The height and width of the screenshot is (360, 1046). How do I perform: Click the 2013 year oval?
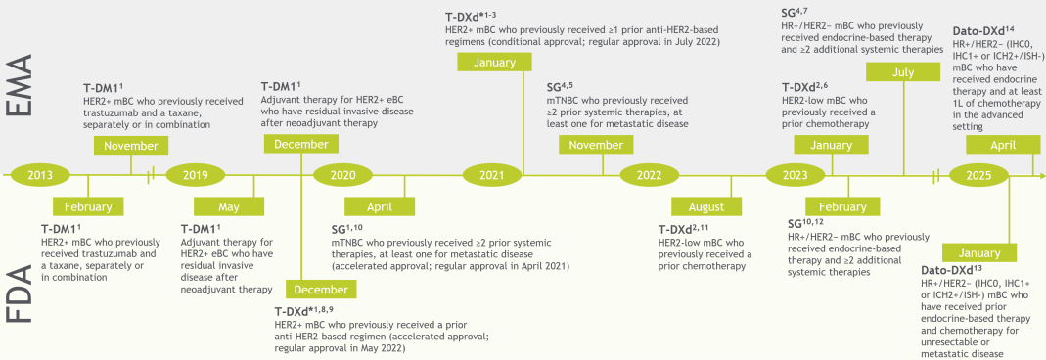tap(39, 175)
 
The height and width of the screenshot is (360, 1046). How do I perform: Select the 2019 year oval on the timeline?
tap(196, 175)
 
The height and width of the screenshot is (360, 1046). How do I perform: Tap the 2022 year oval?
tap(650, 175)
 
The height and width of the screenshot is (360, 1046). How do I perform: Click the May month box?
tap(229, 206)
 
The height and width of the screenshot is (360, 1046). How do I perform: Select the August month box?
tap(706, 206)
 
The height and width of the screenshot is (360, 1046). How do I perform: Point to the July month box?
tap(903, 72)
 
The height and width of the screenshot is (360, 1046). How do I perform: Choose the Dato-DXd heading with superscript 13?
tap(952, 270)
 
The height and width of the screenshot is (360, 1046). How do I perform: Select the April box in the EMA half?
tap(1003, 145)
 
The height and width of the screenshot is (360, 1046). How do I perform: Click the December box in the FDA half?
tap(321, 290)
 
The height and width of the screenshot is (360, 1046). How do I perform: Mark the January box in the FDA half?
tap(980, 252)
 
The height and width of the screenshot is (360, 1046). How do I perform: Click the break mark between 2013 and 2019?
tap(152, 175)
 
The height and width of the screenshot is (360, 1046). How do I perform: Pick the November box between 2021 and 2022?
tap(596, 145)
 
